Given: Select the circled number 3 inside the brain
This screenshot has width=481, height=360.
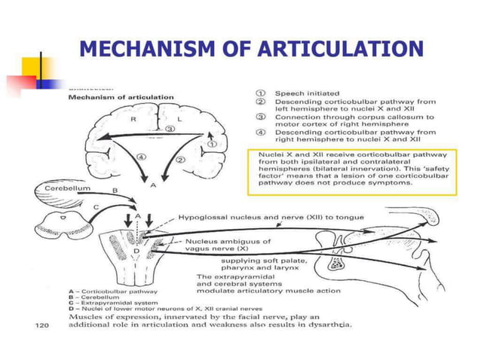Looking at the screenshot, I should coord(171,130).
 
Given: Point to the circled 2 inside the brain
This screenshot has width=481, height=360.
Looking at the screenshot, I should coord(180,160).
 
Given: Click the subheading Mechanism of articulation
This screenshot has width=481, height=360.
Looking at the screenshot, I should coord(121,97).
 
